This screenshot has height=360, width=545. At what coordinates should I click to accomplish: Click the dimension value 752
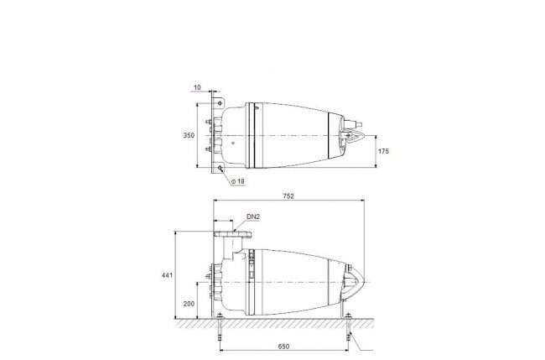[288, 196]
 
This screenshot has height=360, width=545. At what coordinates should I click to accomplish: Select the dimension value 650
[283, 347]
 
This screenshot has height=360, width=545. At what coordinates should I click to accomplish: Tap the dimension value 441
[167, 275]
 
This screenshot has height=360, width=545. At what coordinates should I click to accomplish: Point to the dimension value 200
[189, 304]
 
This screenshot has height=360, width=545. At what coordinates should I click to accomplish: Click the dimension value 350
[189, 135]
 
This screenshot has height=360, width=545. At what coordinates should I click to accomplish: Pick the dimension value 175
[383, 151]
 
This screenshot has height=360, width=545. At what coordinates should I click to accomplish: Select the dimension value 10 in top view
[197, 87]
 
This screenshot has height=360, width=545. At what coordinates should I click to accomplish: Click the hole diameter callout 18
[238, 181]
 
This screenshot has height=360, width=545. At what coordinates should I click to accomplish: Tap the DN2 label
[253, 217]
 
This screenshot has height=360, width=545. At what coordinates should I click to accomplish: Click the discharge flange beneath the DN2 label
[232, 234]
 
